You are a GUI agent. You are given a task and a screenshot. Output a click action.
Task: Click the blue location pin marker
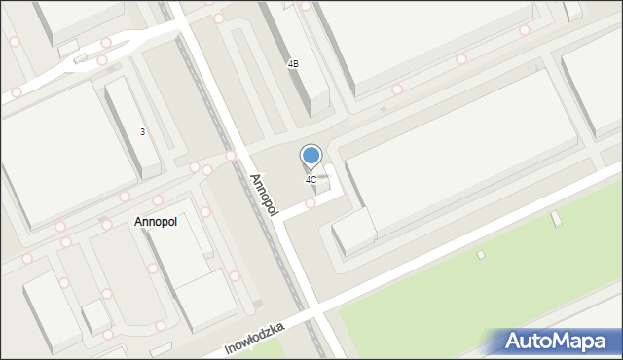click(x=311, y=156)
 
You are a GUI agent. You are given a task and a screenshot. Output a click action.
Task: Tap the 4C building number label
click(x=311, y=180)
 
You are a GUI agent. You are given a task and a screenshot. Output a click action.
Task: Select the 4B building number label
click(x=293, y=64)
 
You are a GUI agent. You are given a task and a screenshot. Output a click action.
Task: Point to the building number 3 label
click(x=143, y=132)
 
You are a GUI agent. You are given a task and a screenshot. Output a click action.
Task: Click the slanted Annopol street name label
click(x=263, y=195)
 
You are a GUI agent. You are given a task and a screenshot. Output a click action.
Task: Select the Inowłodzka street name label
click(x=254, y=338)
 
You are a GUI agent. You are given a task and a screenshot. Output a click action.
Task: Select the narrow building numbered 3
click(x=133, y=126)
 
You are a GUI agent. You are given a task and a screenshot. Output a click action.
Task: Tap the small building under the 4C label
click(x=321, y=182)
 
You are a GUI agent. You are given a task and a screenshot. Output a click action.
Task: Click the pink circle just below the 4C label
click(x=311, y=203)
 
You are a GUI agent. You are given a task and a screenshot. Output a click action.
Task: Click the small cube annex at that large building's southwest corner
click(x=353, y=234)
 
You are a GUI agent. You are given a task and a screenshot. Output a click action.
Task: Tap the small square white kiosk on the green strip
click(x=481, y=255)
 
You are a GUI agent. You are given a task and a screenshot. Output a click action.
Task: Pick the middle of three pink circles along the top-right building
click(x=461, y=59)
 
